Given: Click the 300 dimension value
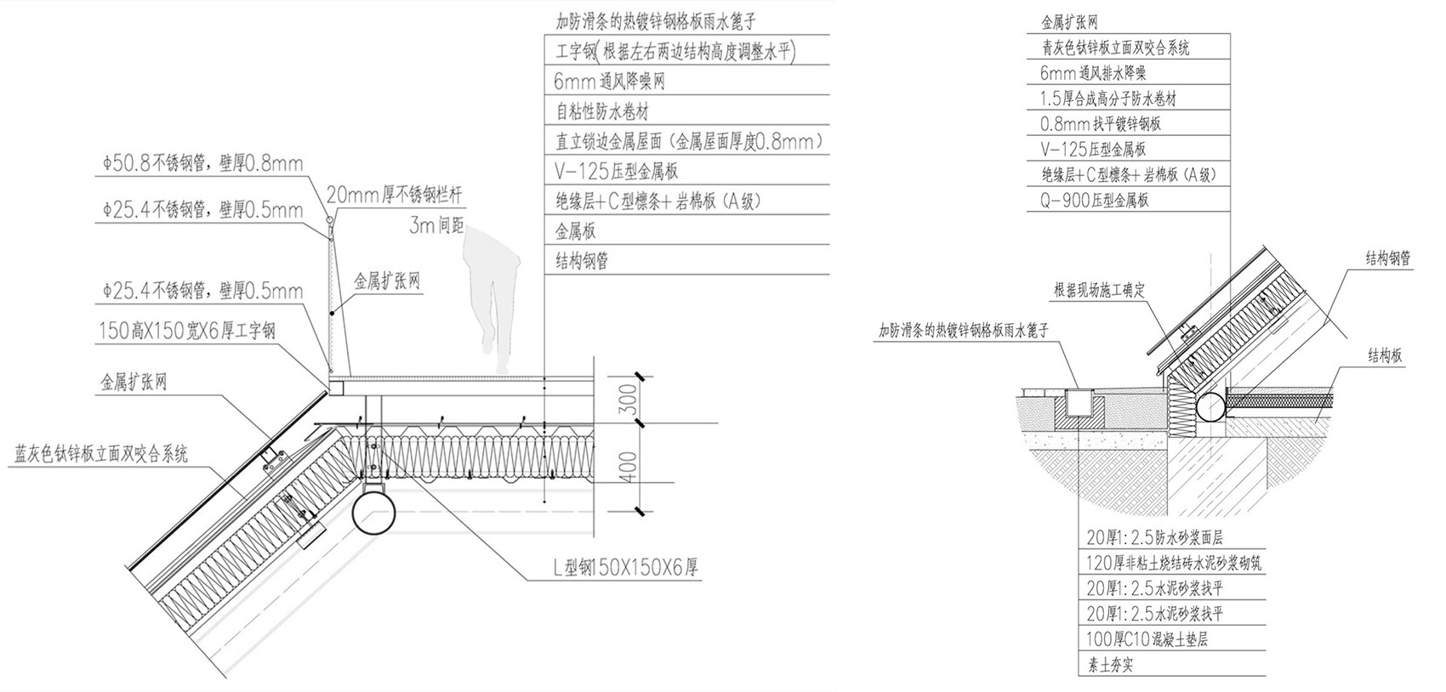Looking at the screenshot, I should point(628,398).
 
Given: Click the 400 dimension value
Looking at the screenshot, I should point(628,466).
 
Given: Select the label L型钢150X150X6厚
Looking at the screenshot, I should point(626,567).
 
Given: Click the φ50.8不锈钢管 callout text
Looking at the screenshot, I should point(202,163).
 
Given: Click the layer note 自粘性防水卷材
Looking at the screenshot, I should point(603,111).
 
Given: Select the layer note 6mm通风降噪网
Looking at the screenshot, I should point(609,82).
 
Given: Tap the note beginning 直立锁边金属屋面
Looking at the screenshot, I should point(689,141).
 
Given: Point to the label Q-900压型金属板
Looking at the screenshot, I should point(1094,200).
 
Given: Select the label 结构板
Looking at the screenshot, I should point(1384,356).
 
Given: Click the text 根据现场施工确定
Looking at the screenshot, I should point(1099,291).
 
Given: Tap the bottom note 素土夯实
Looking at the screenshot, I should point(1110,665).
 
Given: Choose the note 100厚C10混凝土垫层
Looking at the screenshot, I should point(1147,639).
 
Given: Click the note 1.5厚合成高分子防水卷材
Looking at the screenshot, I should point(1108,99).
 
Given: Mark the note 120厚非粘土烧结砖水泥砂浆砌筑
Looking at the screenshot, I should point(1174,563).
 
